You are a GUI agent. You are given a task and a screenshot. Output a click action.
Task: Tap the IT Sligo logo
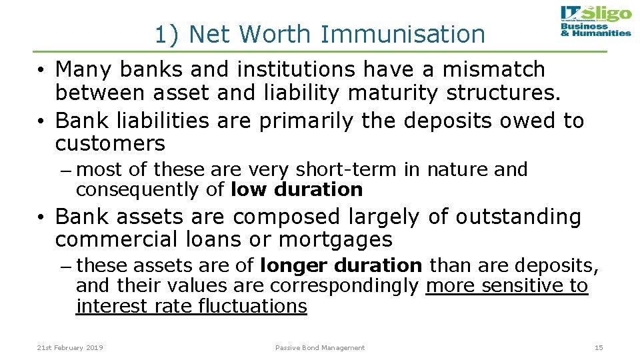(595, 21)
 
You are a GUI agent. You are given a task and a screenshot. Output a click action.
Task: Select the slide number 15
(598, 347)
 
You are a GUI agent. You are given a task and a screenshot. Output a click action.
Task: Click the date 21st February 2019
(70, 347)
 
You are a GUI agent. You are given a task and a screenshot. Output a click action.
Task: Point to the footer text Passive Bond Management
(320, 347)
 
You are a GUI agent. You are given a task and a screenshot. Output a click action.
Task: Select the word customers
(110, 143)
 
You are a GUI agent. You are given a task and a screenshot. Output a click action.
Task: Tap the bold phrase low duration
(296, 190)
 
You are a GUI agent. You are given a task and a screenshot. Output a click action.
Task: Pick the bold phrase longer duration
(341, 266)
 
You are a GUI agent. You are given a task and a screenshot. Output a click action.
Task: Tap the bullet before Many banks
(41, 70)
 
